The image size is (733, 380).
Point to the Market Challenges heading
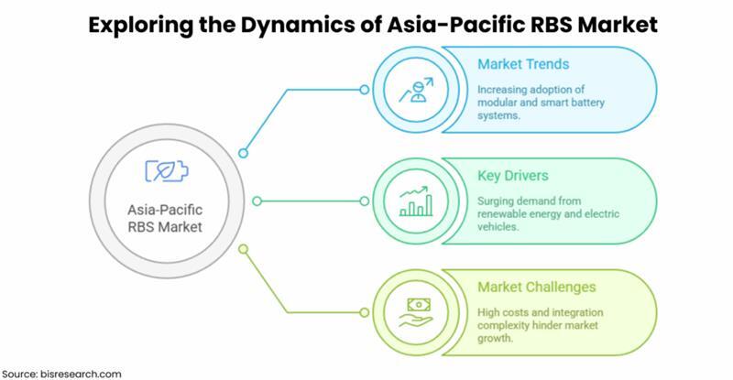point(536,287)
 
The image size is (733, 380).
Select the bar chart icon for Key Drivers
point(414,201)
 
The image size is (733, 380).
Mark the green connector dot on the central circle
point(243,247)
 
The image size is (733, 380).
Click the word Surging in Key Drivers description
point(497,199)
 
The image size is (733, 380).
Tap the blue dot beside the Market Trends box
point(365,90)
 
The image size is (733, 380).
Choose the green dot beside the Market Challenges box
point(365,311)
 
